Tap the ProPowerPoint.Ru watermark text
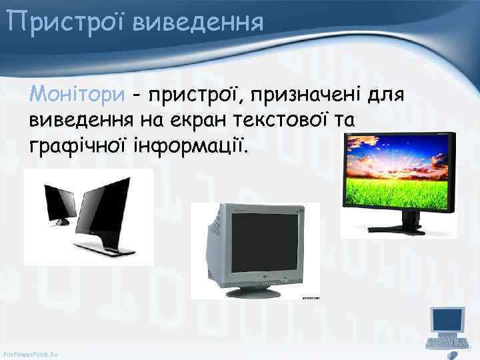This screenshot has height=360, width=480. click(31, 352)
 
